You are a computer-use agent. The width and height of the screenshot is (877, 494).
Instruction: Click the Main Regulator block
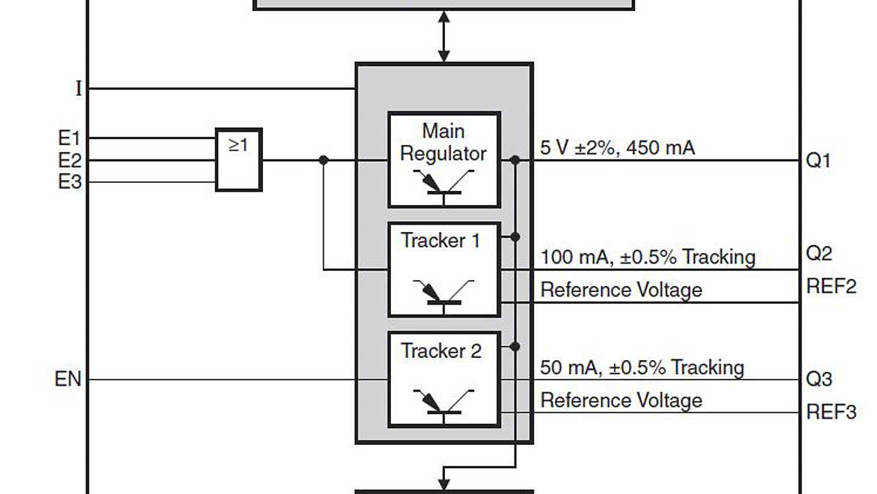tap(444, 160)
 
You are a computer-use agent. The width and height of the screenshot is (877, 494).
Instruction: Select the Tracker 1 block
tap(444, 269)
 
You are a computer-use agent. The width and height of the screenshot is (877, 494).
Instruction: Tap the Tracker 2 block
tap(444, 379)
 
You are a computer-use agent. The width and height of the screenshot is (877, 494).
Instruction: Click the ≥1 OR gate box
tap(238, 160)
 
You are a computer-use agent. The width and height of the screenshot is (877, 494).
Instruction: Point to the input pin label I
tap(79, 89)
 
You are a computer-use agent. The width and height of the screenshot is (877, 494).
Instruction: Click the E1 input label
tap(69, 138)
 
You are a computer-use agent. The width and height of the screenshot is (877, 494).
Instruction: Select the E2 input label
tap(69, 160)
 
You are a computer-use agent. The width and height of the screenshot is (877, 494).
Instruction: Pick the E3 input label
tap(69, 181)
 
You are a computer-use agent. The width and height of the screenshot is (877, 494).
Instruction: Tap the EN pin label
tap(68, 380)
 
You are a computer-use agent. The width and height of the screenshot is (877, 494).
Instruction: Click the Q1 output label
tap(819, 160)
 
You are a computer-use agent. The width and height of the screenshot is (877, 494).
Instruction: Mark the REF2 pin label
tap(831, 286)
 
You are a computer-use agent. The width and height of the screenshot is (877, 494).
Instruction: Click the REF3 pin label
tap(831, 412)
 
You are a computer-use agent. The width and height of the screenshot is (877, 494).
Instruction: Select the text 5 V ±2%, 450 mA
tap(618, 148)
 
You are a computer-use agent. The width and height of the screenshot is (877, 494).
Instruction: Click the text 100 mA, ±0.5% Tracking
tap(648, 257)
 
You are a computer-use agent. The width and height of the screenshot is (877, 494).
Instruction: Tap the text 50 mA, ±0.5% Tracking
tap(642, 367)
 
